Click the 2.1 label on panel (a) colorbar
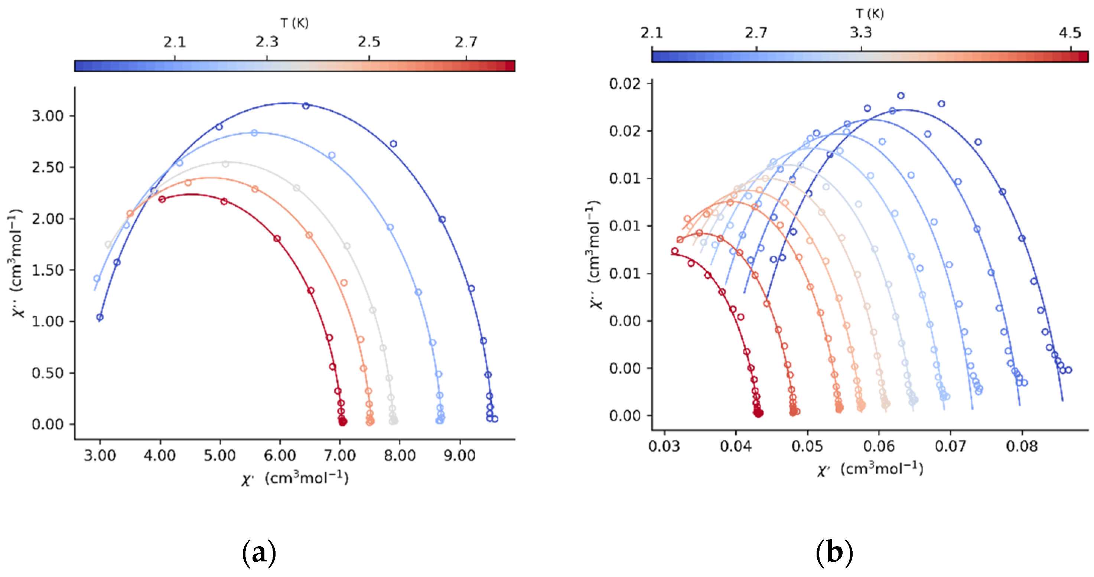tap(175, 42)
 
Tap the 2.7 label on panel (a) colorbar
tap(466, 42)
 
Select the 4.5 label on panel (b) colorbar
tap(1069, 33)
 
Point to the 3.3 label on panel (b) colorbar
tap(861, 33)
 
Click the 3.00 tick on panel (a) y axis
tap(48, 116)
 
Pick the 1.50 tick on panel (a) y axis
tap(48, 270)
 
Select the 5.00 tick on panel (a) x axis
tap(219, 456)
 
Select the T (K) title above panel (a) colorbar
tap(294, 23)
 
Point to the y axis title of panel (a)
tap(16, 263)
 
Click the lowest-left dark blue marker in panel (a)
tap(100, 317)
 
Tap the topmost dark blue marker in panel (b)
tap(901, 96)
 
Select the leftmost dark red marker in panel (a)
tap(162, 199)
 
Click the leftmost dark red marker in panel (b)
tap(674, 251)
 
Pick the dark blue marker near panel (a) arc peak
tap(306, 106)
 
